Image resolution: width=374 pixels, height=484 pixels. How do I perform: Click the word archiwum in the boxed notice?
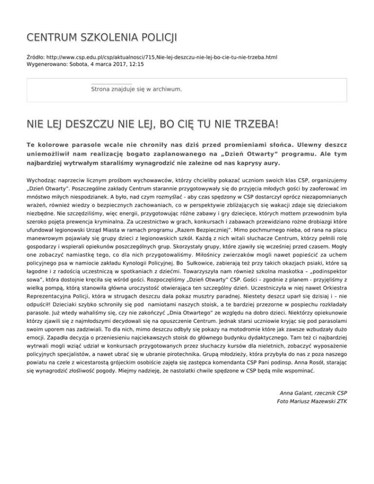pos(167,89)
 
